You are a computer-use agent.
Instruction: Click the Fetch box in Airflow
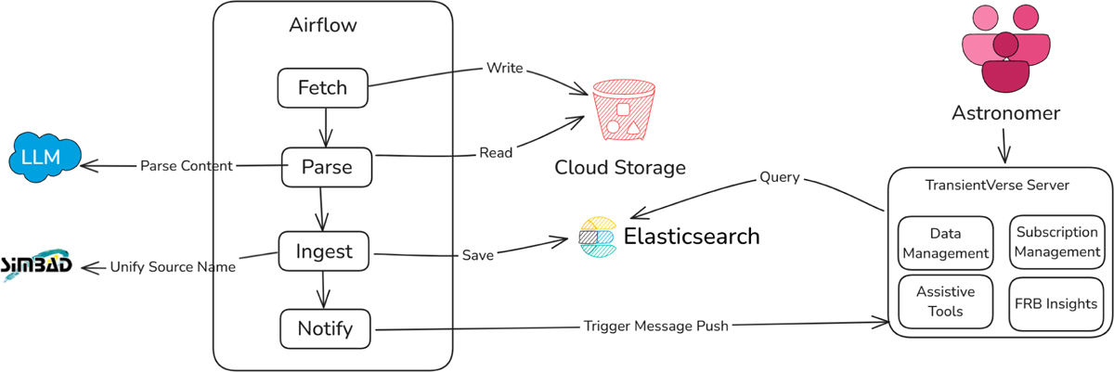[x=322, y=88]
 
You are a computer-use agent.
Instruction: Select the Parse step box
[x=326, y=167]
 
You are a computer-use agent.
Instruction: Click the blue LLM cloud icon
[x=41, y=156]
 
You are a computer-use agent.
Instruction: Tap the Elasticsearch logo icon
[x=597, y=237]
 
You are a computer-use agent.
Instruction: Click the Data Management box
[x=945, y=241]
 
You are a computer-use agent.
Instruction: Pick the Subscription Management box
[x=1056, y=241]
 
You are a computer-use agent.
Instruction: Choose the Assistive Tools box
[x=945, y=302]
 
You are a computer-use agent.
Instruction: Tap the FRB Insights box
[x=1056, y=303]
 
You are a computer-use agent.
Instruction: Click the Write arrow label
[x=505, y=69]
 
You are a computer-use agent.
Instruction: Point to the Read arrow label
[x=496, y=153]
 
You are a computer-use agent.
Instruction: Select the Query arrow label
[x=779, y=176]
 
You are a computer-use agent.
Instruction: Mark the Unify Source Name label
[x=173, y=266]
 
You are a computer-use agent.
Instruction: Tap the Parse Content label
[x=186, y=166]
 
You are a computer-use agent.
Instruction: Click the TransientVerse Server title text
[x=998, y=185]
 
